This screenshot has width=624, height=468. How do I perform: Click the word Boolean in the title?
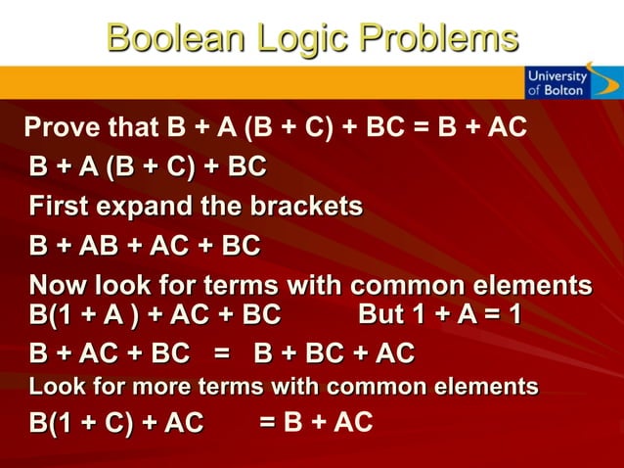click(173, 38)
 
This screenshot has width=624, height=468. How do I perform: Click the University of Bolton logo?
click(557, 81)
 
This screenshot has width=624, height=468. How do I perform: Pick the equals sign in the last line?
click(266, 422)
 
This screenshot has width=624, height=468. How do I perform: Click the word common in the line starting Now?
click(413, 287)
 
